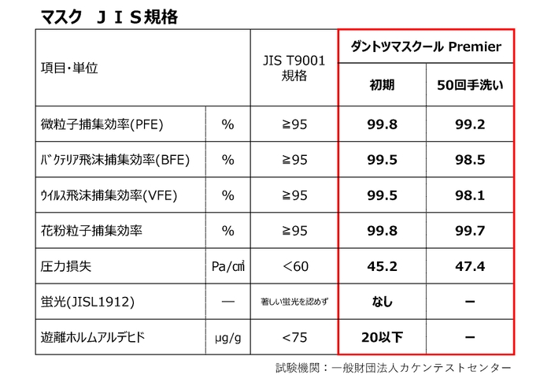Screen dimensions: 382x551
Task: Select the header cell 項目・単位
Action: click(x=68, y=69)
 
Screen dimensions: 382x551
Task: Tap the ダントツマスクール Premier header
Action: click(x=426, y=46)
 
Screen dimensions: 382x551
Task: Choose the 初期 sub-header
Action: click(x=383, y=85)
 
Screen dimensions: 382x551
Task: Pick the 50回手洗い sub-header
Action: click(x=470, y=85)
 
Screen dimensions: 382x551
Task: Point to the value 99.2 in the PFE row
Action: click(x=470, y=124)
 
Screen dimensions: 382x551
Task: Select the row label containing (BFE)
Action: click(x=115, y=159)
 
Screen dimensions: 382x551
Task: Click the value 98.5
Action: click(x=470, y=159)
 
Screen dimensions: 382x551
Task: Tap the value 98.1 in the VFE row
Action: click(x=470, y=195)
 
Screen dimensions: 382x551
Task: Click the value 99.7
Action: click(x=470, y=231)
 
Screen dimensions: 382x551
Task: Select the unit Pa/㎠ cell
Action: click(x=228, y=266)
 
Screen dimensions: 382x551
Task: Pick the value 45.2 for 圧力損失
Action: click(x=383, y=266)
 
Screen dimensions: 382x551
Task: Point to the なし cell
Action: click(x=383, y=302)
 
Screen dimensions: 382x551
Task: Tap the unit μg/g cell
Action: click(x=228, y=338)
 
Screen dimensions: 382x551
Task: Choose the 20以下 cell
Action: click(x=383, y=338)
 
